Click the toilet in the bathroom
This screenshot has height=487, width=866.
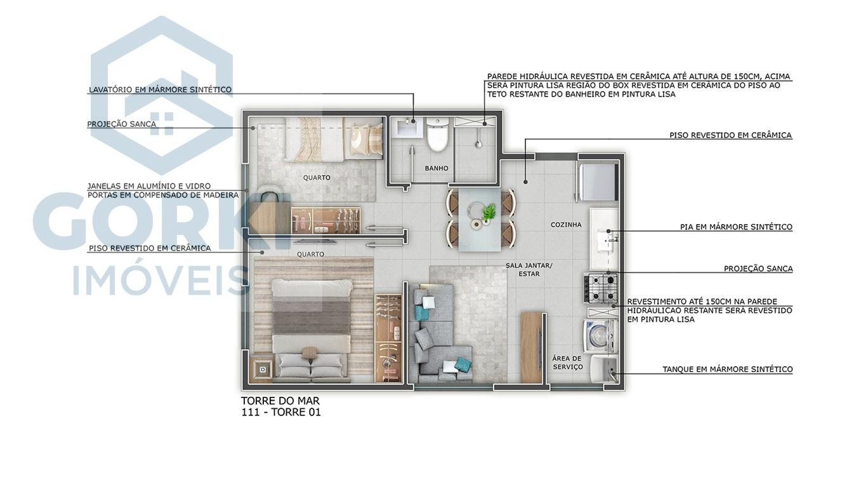[437, 135]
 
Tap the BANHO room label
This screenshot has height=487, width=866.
[436, 168]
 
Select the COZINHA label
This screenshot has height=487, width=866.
[566, 225]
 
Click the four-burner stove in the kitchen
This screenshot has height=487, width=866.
[600, 288]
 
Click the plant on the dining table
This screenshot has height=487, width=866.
[489, 212]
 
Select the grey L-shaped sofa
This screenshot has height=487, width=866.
[435, 337]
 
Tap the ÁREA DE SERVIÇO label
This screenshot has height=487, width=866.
[567, 363]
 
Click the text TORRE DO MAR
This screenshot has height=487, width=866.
[280, 401]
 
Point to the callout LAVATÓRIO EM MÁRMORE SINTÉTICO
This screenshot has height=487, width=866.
[160, 90]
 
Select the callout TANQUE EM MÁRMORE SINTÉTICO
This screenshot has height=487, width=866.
[727, 370]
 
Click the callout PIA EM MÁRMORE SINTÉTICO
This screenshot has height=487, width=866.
[736, 227]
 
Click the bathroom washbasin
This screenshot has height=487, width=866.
[406, 129]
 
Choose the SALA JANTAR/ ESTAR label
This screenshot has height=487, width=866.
[528, 270]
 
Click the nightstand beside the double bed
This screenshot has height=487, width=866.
[262, 368]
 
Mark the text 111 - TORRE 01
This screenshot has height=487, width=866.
[280, 413]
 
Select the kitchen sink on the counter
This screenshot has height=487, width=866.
[609, 239]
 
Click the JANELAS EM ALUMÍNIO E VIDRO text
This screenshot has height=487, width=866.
[149, 186]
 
